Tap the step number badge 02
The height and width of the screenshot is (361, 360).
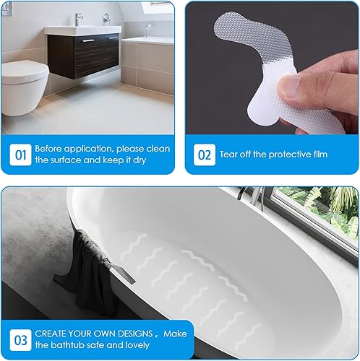[205, 154]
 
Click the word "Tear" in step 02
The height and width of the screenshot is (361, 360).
[233, 154]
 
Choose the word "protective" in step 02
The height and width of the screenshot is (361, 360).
[277, 154]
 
